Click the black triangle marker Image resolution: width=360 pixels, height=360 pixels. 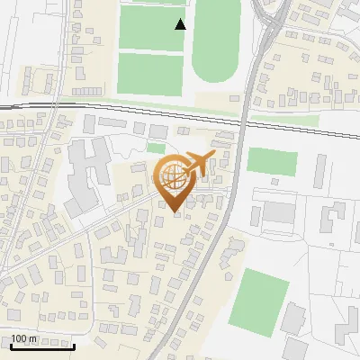pyautogui.click(x=181, y=24)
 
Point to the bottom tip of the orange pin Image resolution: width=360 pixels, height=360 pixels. pyautogui.click(x=172, y=212)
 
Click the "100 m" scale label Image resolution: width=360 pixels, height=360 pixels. pyautogui.click(x=23, y=338)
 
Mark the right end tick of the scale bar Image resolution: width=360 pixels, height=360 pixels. pyautogui.click(x=74, y=345)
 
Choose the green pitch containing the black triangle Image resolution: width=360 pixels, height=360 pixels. pyautogui.click(x=151, y=27)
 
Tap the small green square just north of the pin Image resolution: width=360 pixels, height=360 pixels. pyautogui.click(x=157, y=148)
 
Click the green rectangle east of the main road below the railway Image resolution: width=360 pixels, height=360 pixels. pyautogui.click(x=272, y=162)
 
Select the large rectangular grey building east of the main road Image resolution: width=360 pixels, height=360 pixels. pyautogui.click(x=278, y=213)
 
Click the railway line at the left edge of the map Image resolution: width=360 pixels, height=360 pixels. pyautogui.click(x=4, y=107)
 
